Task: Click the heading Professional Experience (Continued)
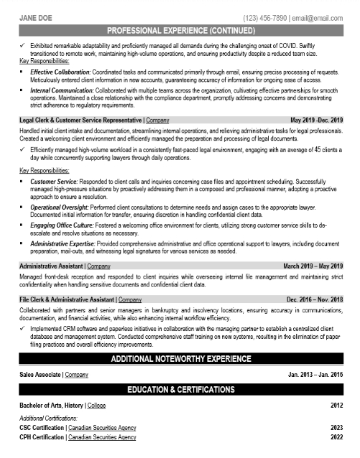tap(180, 32)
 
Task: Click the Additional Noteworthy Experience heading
tap(180, 359)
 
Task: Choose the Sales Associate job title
tap(40, 375)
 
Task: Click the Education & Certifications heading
tap(180, 390)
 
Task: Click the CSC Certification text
tap(42, 426)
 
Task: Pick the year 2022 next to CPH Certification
tap(336, 436)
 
